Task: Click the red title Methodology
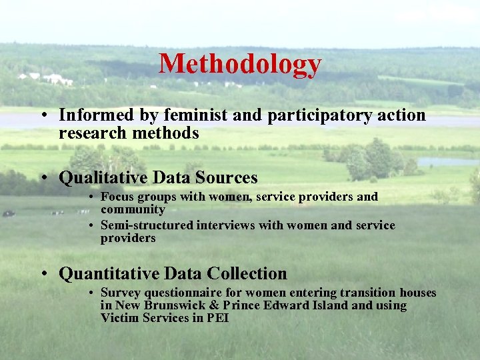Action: click(x=240, y=64)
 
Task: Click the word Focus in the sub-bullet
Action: click(x=118, y=197)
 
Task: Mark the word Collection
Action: click(x=247, y=274)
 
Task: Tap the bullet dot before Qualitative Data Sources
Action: click(x=43, y=179)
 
